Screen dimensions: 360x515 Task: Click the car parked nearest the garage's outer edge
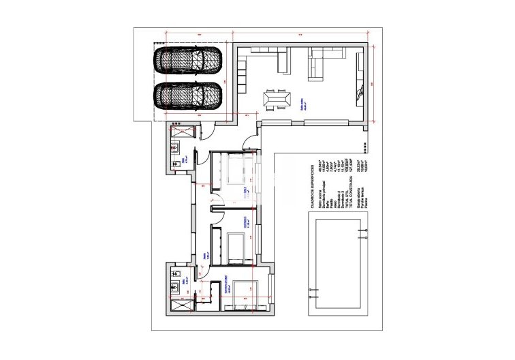point(188,61)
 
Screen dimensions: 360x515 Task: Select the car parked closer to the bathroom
point(188,95)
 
